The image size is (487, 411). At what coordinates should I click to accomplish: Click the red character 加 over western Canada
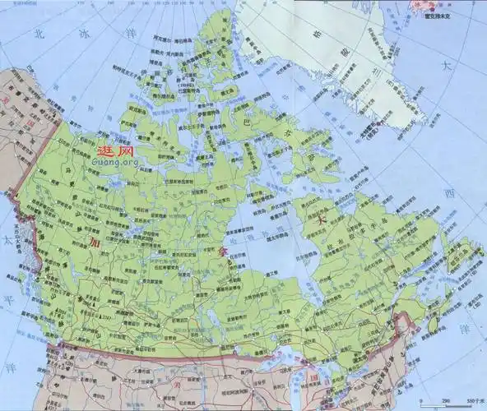click(x=96, y=244)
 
